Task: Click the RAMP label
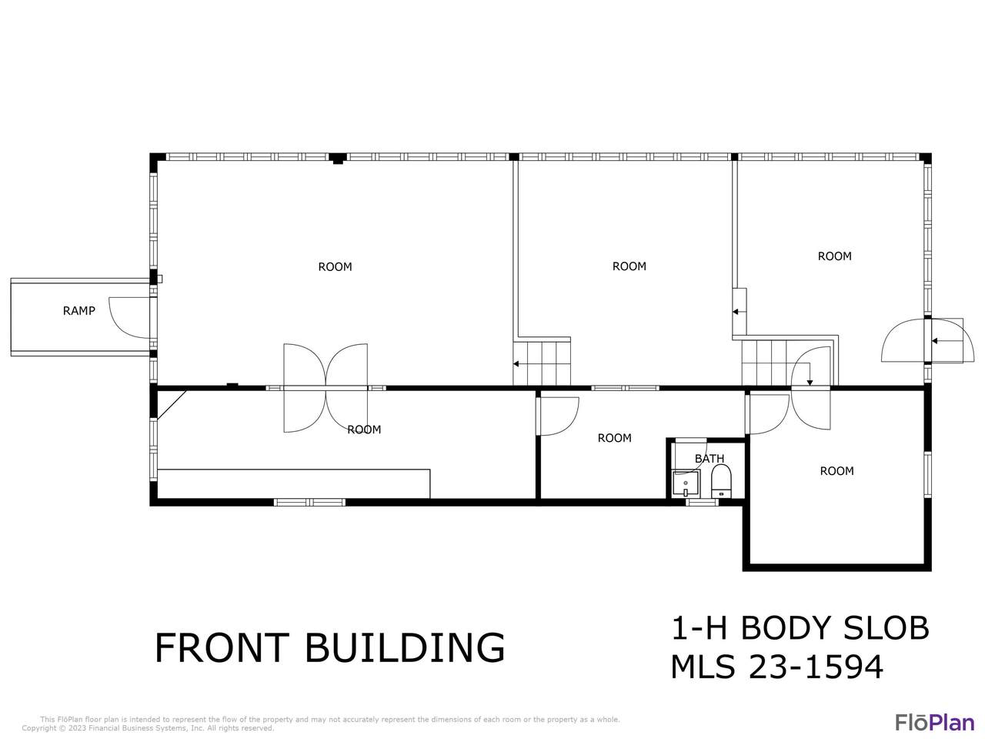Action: tap(79, 310)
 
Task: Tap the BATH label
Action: tap(709, 459)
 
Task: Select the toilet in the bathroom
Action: tap(721, 481)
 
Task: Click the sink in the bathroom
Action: tap(685, 483)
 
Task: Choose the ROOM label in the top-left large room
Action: tap(335, 267)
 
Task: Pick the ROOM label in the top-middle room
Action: tap(629, 266)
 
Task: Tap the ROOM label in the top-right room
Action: tap(834, 256)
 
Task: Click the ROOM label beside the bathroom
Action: tap(614, 438)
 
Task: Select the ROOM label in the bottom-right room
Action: tap(836, 471)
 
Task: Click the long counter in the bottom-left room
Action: tap(293, 483)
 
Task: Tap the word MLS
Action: tap(703, 667)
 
